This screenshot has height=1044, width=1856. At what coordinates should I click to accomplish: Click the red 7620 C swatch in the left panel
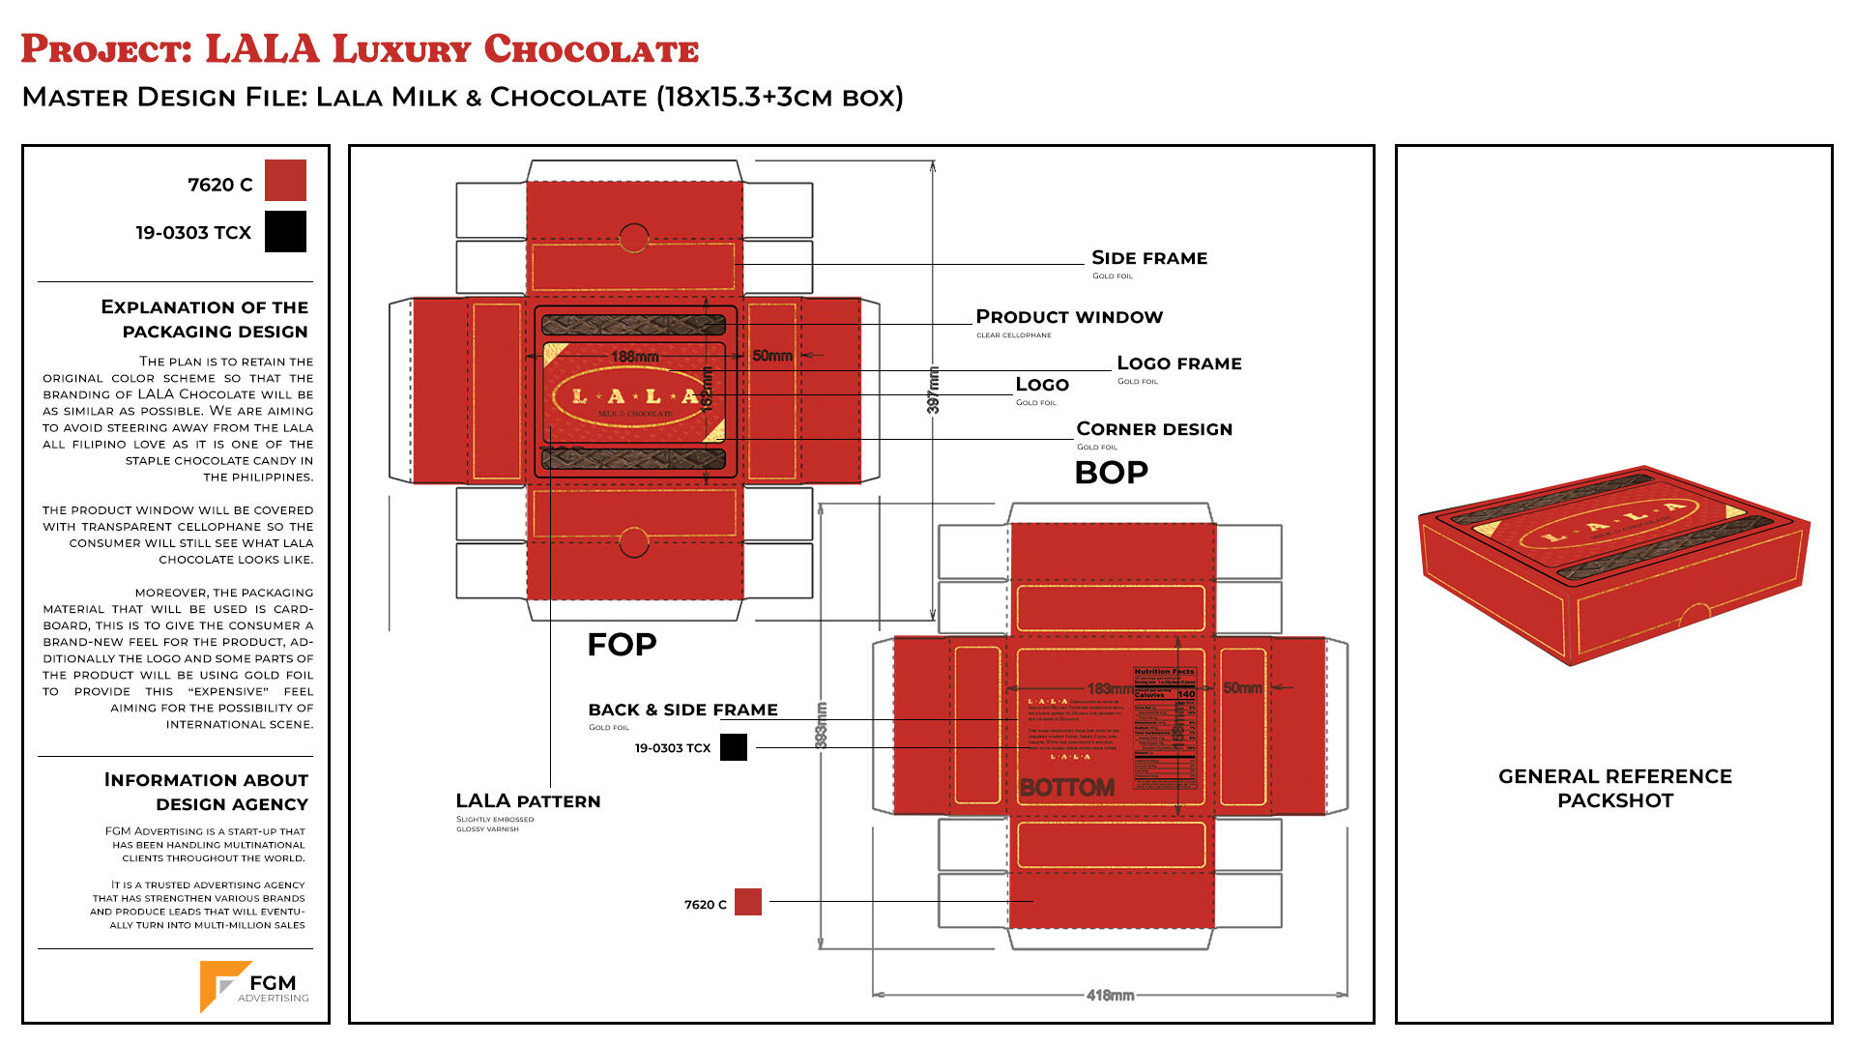(x=285, y=181)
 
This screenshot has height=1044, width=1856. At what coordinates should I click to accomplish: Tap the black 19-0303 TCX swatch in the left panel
(x=285, y=232)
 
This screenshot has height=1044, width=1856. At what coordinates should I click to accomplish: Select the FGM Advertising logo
(x=254, y=987)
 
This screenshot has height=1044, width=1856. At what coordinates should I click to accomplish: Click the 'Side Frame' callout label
(x=1149, y=258)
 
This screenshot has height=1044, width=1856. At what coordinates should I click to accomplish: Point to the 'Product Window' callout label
(x=1069, y=317)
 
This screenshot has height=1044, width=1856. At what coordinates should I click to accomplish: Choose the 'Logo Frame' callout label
(x=1178, y=363)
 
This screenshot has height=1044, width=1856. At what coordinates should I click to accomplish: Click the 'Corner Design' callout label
(x=1154, y=429)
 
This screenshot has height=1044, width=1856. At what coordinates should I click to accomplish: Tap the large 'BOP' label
(x=1112, y=473)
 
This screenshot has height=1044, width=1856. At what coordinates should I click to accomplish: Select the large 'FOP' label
(x=622, y=645)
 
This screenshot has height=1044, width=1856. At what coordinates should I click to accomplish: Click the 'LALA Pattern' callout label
(x=528, y=801)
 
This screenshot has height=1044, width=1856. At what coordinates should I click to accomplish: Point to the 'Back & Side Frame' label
(x=682, y=710)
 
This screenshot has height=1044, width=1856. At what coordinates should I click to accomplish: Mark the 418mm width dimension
(x=1110, y=995)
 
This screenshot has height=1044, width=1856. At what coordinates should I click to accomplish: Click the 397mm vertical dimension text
(x=933, y=390)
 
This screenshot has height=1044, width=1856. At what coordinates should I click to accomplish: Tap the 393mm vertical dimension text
(x=822, y=725)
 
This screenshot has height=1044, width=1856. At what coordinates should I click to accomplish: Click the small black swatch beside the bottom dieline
(x=734, y=747)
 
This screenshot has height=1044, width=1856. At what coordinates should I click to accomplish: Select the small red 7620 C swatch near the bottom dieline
(x=748, y=902)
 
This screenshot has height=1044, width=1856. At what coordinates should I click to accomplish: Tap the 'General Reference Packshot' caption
(x=1614, y=788)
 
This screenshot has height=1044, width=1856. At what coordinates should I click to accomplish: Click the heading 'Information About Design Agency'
(x=206, y=792)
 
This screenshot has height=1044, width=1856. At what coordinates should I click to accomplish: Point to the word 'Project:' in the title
(x=106, y=49)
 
